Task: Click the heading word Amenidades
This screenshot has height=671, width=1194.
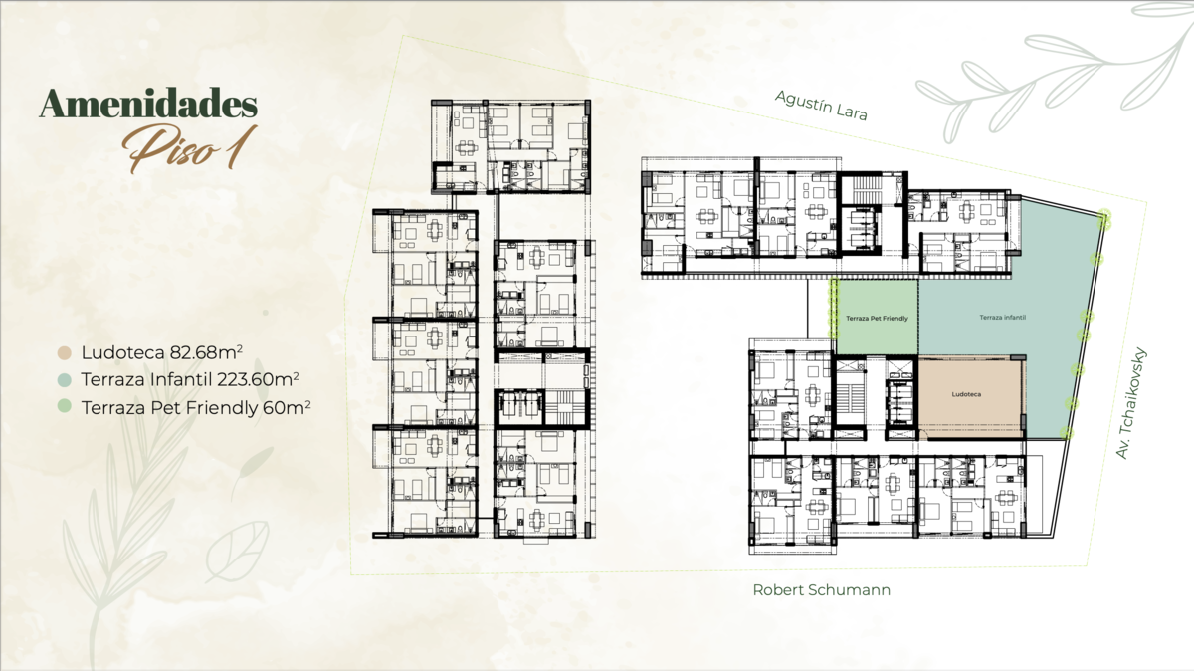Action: (148, 104)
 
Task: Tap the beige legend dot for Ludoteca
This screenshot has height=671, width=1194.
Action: (65, 353)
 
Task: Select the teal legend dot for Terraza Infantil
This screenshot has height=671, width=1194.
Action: (65, 380)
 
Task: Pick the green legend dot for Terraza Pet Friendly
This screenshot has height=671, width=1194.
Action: (65, 406)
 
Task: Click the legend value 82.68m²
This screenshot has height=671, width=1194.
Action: (207, 352)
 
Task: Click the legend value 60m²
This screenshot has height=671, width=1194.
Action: (287, 407)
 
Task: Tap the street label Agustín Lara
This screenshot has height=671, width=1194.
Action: (821, 106)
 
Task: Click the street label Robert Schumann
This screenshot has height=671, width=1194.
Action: (822, 590)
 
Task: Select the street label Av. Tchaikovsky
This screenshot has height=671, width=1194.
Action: (1130, 403)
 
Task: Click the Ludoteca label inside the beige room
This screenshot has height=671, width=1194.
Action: (966, 394)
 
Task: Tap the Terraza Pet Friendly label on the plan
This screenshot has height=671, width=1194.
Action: (877, 319)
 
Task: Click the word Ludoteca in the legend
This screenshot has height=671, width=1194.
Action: (123, 352)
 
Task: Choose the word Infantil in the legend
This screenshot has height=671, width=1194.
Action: (181, 379)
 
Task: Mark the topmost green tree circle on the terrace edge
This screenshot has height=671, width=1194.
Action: (1104, 220)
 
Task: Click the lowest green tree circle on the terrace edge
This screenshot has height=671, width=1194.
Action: (1066, 433)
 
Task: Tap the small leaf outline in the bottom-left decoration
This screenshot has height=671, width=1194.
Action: (237, 553)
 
